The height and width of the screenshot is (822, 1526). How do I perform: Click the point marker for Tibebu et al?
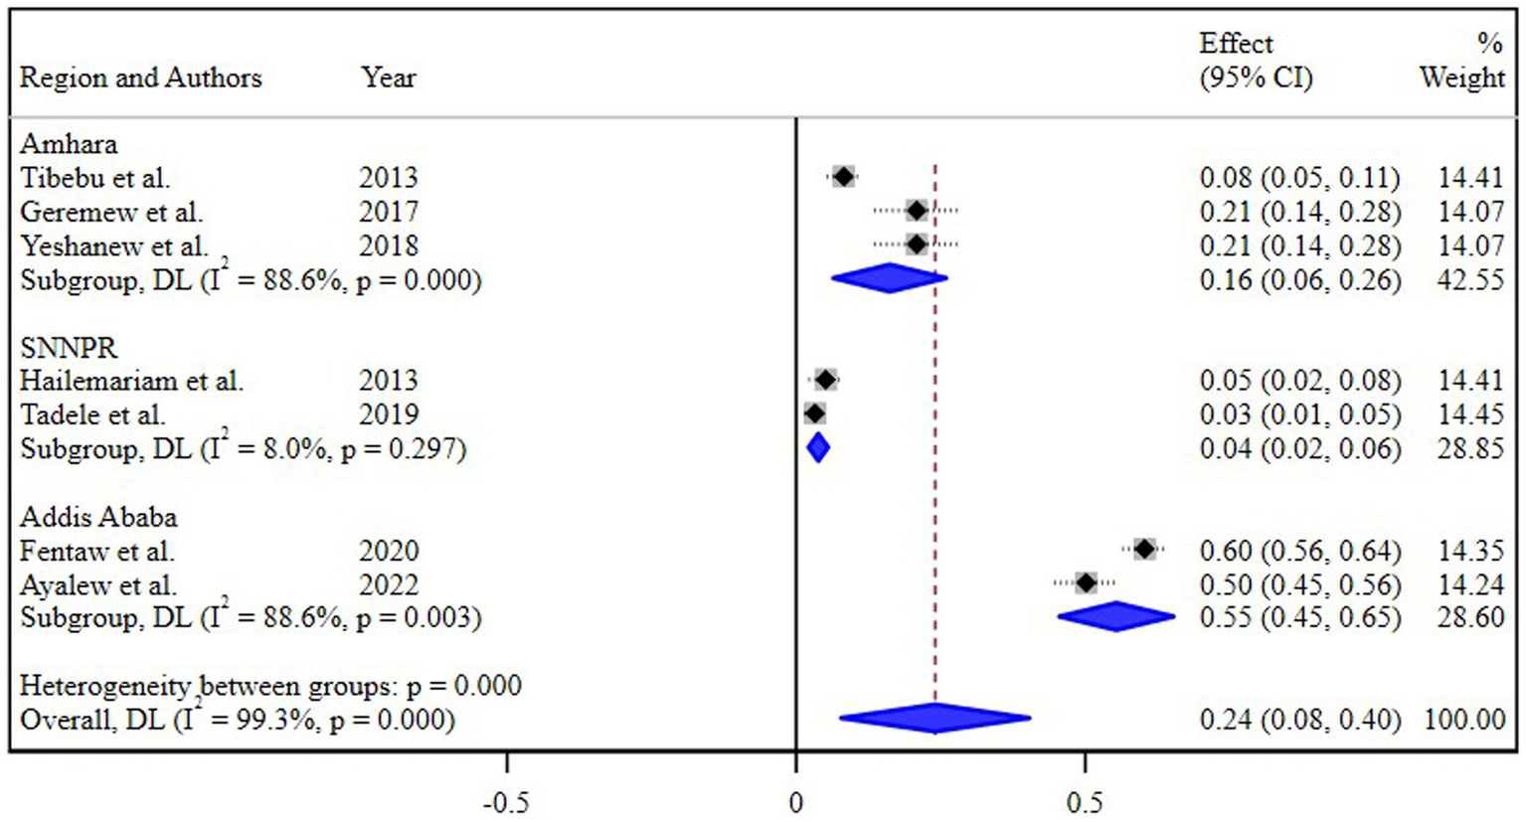pos(843,177)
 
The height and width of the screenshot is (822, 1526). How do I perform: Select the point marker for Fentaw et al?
pos(1144,549)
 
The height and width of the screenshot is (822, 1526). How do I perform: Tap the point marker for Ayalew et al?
pos(1086,582)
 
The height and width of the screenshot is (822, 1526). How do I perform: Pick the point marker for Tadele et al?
pos(814,413)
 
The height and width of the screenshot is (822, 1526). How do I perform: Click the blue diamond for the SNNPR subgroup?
pos(817,448)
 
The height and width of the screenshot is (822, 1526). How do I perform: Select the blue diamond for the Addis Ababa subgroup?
pos(1115,616)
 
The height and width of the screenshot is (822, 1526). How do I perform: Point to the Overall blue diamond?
pos(934,718)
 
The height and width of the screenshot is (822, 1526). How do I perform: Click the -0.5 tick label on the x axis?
pos(506,802)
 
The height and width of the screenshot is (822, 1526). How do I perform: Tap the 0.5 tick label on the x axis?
pos(1085,802)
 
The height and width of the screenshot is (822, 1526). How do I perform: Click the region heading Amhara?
pos(69,144)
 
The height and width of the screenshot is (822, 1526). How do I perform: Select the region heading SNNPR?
pos(69,348)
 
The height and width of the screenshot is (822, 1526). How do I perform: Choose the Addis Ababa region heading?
pos(98,517)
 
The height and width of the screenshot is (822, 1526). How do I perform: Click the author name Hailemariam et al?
pos(131,381)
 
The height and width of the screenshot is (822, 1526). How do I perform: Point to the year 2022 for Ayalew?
pos(389,584)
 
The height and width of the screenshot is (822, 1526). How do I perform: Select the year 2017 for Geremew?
pos(389,212)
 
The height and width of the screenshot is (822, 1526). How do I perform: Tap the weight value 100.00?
pos(1464,719)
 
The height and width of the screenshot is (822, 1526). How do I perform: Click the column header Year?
pos(389,78)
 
